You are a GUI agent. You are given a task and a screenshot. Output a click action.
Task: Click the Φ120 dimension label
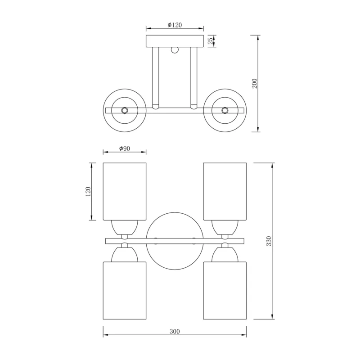tap(175, 25)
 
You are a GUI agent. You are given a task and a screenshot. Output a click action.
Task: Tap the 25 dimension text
tap(211, 41)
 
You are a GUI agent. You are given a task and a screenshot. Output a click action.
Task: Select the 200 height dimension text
tap(255, 84)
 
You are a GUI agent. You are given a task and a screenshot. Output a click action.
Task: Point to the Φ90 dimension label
tap(125, 148)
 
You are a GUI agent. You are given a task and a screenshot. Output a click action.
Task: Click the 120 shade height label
tap(88, 192)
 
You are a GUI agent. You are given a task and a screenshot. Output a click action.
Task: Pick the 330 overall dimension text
tap(269, 241)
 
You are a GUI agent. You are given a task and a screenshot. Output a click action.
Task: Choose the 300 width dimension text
tap(175, 331)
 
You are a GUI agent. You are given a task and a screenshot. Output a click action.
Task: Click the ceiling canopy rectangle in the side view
tap(175, 41)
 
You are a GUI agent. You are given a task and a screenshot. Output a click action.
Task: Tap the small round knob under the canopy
tap(175, 50)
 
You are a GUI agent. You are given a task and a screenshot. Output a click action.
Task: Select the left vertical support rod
tap(155, 78)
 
